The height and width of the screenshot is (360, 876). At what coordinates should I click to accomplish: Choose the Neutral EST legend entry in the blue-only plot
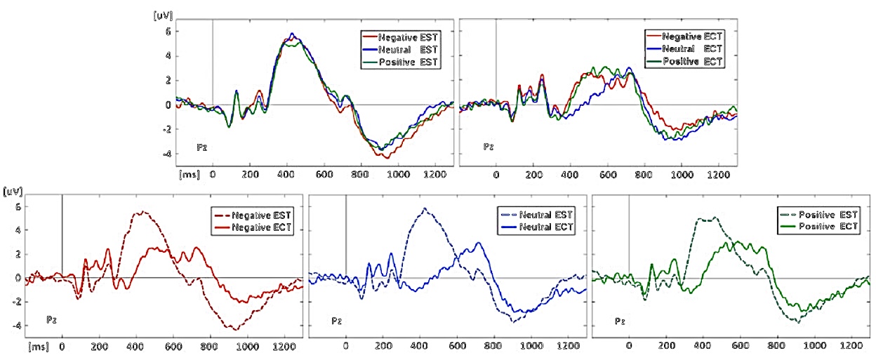(x=540, y=213)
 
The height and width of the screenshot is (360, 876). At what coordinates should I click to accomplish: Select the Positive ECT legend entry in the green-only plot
(x=824, y=227)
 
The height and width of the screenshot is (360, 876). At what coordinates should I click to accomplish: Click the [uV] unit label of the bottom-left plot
(x=13, y=191)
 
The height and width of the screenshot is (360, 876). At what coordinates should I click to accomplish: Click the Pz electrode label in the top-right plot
(x=489, y=147)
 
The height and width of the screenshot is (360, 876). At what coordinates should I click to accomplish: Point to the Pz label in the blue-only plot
(x=337, y=321)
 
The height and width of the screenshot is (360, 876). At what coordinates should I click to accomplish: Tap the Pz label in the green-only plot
(x=620, y=321)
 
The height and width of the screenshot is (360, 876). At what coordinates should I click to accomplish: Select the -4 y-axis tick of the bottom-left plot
(x=17, y=325)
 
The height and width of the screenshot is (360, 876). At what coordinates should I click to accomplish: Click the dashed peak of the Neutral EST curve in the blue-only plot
(x=424, y=208)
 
